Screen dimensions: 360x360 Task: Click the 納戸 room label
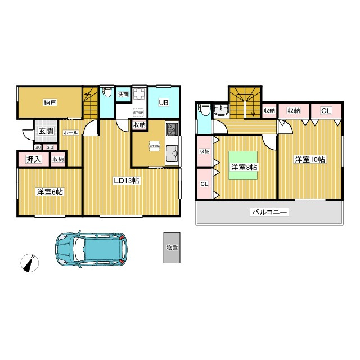[x=50, y=102]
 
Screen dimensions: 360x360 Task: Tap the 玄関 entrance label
[x=46, y=131]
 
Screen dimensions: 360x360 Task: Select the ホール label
[x=70, y=133]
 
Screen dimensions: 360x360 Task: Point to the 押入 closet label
[x=34, y=159]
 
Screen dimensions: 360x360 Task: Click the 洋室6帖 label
[x=50, y=192]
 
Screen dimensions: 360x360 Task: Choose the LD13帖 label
[x=127, y=181]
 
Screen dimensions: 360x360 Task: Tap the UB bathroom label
[x=163, y=103]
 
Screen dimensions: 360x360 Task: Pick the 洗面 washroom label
[x=123, y=94]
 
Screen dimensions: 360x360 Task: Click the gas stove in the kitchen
[x=172, y=131]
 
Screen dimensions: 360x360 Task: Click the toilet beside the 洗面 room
[x=106, y=94]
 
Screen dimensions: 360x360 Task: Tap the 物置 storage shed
[x=172, y=247]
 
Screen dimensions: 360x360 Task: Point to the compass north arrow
[x=29, y=263]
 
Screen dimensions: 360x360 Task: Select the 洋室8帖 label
[x=244, y=167]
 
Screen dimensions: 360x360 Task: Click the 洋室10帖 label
[x=310, y=159]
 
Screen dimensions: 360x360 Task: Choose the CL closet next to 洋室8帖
[x=204, y=184]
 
